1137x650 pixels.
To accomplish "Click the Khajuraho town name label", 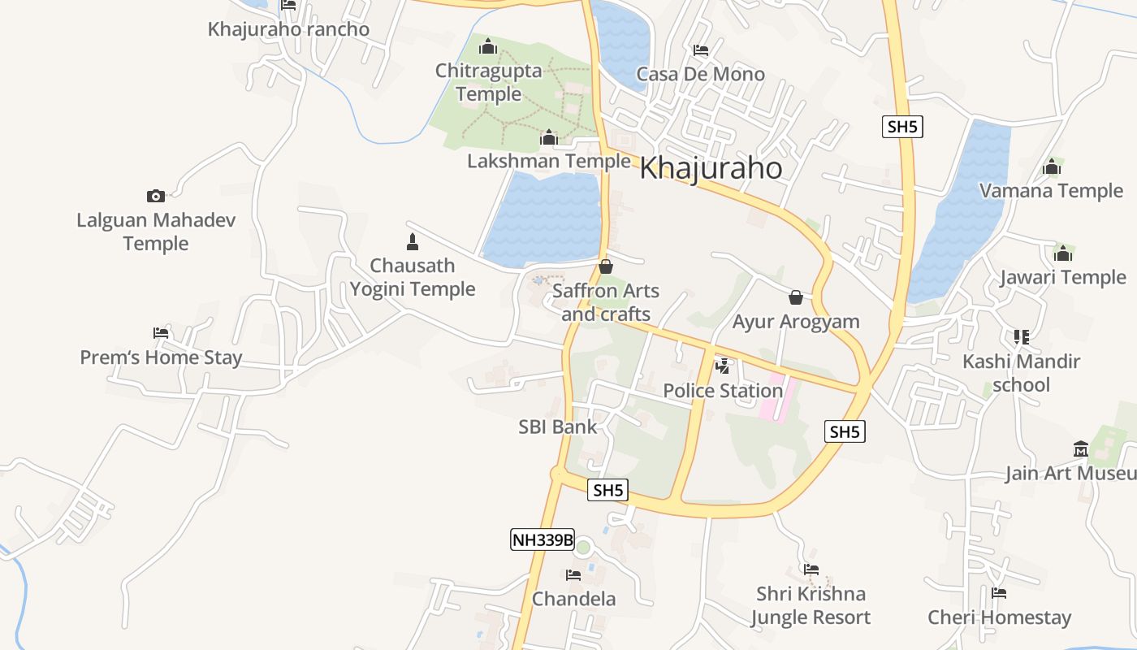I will [711, 168].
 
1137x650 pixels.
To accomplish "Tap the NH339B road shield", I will [542, 539].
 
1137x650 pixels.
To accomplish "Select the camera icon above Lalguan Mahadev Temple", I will [156, 196].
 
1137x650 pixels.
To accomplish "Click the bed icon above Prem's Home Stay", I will [161, 333].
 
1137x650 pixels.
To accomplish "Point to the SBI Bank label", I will [557, 427].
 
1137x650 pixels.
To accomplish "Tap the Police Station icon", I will [722, 366].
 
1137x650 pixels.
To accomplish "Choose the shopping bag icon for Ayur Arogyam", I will [796, 297].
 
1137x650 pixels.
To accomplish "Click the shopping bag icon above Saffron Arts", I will [606, 266].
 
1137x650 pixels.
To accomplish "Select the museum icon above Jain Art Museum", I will [1080, 449].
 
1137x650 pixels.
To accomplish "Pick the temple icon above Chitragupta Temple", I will [487, 46].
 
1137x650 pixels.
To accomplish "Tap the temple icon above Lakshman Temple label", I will [549, 137].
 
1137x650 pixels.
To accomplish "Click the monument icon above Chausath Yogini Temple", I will [412, 241].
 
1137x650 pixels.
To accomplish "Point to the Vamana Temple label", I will [1051, 191].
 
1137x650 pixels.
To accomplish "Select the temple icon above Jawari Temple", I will [1062, 253].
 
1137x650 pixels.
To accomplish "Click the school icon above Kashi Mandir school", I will [1021, 336].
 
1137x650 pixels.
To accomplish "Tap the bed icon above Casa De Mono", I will [701, 50].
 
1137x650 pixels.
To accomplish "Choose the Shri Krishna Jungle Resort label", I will [810, 605].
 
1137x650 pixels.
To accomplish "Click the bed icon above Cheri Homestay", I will [999, 593].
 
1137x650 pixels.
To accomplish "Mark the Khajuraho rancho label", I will [288, 29].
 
